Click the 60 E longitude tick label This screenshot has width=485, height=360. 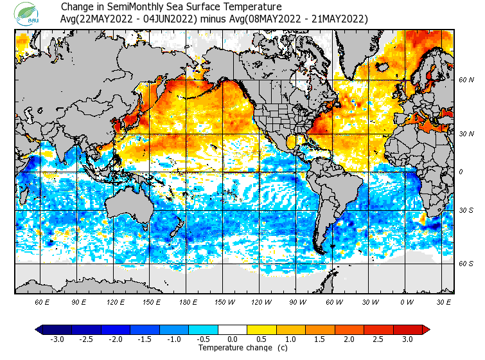42,301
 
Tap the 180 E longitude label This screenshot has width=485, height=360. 188,301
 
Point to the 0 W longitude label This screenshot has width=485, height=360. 406,301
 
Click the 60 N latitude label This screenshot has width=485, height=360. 466,80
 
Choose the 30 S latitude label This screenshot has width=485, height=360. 466,211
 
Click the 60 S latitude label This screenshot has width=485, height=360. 466,264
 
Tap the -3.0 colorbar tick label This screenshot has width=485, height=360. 56,339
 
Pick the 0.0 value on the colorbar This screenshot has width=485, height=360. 232,339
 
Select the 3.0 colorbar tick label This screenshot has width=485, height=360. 407,339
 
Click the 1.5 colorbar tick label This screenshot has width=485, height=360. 320,339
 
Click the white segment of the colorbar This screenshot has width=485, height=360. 232,330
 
